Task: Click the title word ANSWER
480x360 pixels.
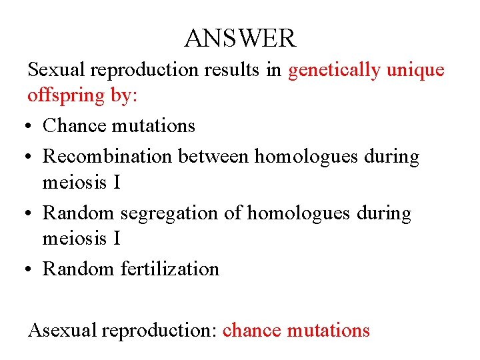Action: click(240, 39)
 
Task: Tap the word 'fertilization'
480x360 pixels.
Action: click(170, 269)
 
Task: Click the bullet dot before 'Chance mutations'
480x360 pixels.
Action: click(31, 126)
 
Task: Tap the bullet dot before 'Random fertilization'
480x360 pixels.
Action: click(31, 269)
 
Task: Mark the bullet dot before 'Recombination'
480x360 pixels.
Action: click(31, 157)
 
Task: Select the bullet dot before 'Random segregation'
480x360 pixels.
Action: click(31, 214)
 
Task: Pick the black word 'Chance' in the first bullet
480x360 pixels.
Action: click(73, 125)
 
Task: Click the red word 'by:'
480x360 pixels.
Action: click(124, 96)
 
